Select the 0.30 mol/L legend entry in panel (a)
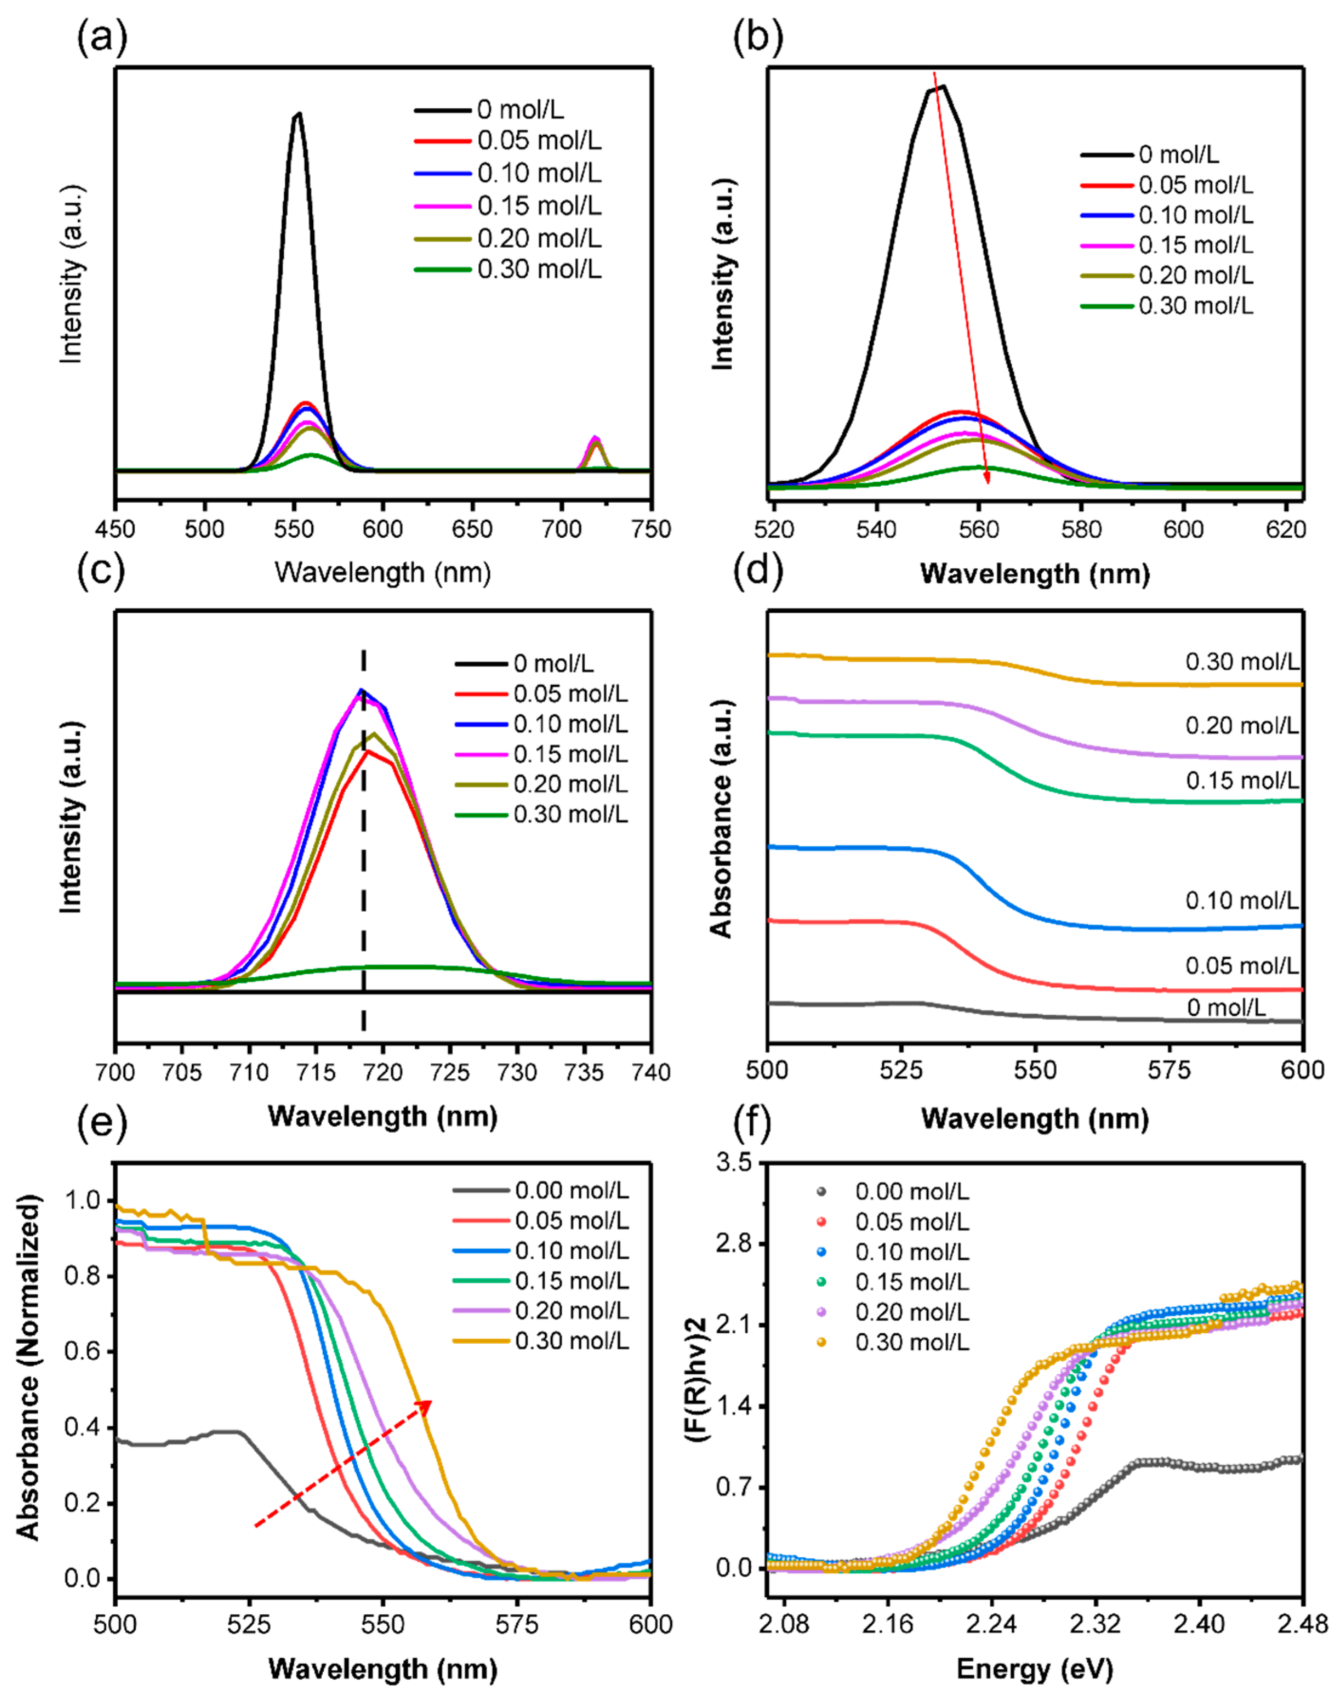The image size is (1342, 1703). click(x=539, y=270)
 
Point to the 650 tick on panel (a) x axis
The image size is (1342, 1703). click(x=472, y=529)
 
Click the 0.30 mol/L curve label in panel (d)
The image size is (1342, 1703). click(x=1241, y=662)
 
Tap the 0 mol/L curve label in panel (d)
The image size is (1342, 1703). click(x=1226, y=1008)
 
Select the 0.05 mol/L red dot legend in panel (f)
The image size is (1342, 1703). click(x=822, y=1222)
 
